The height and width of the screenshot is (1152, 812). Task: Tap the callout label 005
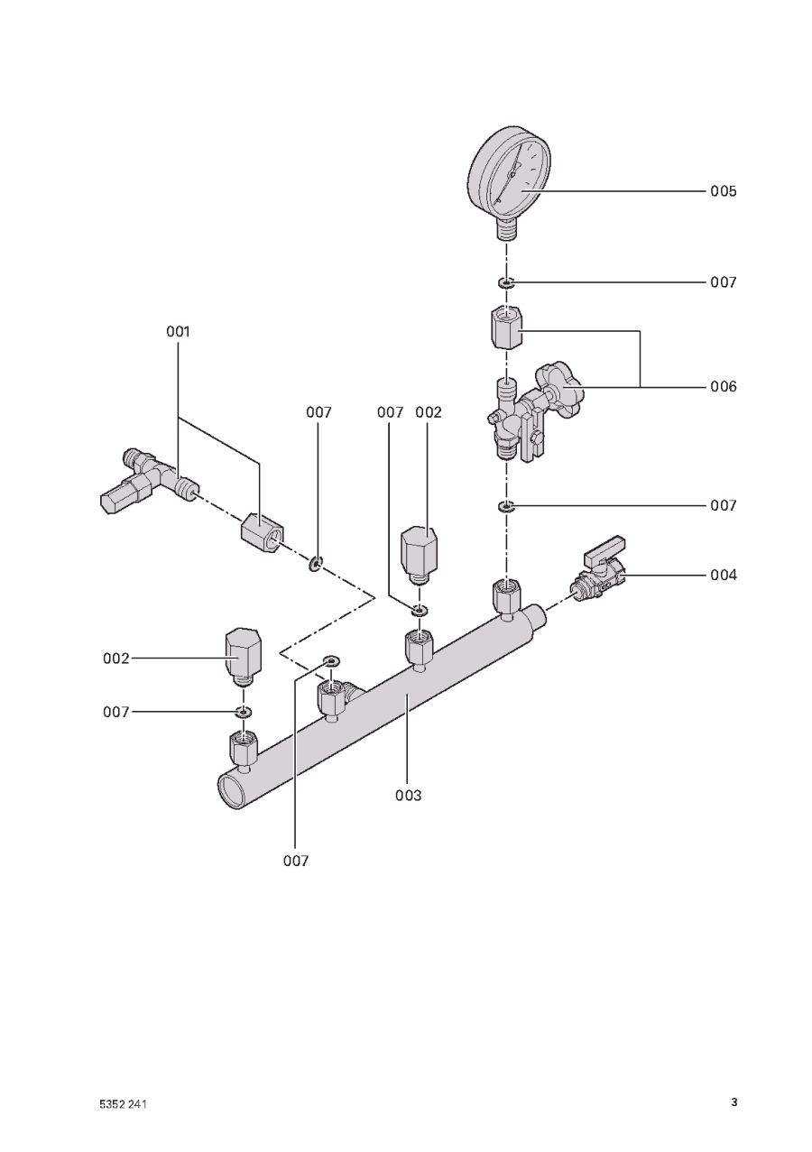[x=724, y=191]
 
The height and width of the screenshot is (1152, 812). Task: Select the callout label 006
[x=724, y=387]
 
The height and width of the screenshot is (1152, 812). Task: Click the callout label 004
[x=724, y=575]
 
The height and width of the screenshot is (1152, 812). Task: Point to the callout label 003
[x=409, y=796]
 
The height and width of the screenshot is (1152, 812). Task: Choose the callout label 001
[x=178, y=332]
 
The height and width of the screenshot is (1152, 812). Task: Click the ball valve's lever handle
[x=605, y=550]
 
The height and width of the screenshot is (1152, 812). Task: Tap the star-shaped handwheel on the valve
[x=559, y=388]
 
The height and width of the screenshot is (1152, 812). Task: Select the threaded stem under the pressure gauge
[x=508, y=228]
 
